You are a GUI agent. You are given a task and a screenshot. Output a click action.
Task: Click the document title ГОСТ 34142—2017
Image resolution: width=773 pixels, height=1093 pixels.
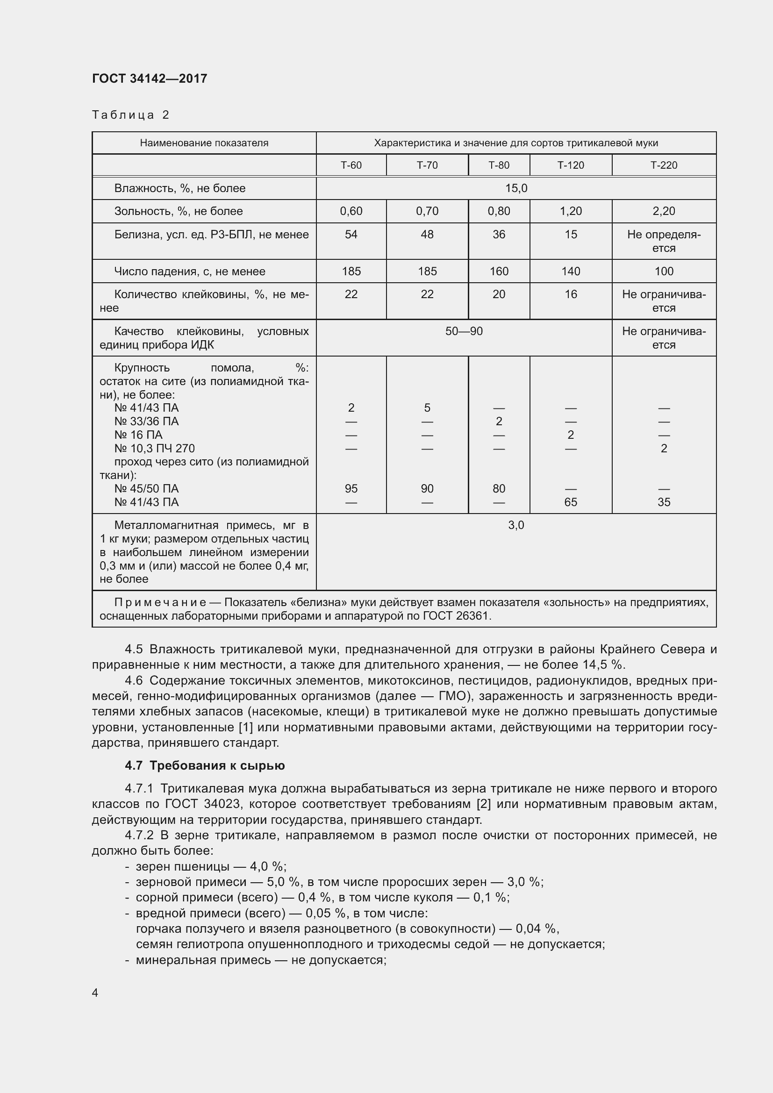coord(150,79)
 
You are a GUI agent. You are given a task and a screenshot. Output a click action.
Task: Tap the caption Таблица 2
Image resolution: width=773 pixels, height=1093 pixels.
coord(130,115)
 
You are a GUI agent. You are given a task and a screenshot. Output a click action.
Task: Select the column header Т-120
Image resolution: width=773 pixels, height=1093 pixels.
coord(570,165)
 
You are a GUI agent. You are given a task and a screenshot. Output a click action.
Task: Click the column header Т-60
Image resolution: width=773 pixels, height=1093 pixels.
coord(351,165)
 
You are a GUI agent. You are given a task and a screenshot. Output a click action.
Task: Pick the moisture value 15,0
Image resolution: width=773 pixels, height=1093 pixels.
coord(516,188)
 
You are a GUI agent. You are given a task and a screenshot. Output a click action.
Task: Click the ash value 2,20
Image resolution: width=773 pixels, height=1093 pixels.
coord(664,211)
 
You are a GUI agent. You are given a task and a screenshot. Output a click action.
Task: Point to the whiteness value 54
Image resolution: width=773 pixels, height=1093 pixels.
coord(351,234)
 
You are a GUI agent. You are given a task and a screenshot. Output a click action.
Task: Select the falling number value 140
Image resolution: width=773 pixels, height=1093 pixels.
coord(570,271)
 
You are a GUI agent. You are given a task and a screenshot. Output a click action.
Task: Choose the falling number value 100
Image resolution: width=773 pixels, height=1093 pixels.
coord(664,271)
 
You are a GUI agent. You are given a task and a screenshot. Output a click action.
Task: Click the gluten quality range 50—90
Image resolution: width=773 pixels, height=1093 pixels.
coord(464,331)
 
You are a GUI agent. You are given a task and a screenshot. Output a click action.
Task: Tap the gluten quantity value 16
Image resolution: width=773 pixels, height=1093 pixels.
coord(570,294)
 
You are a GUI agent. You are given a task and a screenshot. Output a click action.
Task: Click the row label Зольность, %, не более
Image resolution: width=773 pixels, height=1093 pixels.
coord(179,211)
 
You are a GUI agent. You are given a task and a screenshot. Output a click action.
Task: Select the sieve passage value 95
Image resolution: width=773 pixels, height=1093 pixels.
coord(351,488)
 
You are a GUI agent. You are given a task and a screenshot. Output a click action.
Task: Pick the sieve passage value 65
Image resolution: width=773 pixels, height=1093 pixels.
coord(570,502)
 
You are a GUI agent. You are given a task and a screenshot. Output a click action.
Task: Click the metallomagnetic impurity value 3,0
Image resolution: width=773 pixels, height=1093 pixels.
coord(516,525)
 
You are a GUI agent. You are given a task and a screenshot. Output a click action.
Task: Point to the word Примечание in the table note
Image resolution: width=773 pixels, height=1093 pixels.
coord(160,603)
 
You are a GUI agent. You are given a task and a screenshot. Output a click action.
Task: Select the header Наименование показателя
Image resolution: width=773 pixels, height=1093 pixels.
coord(204,143)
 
